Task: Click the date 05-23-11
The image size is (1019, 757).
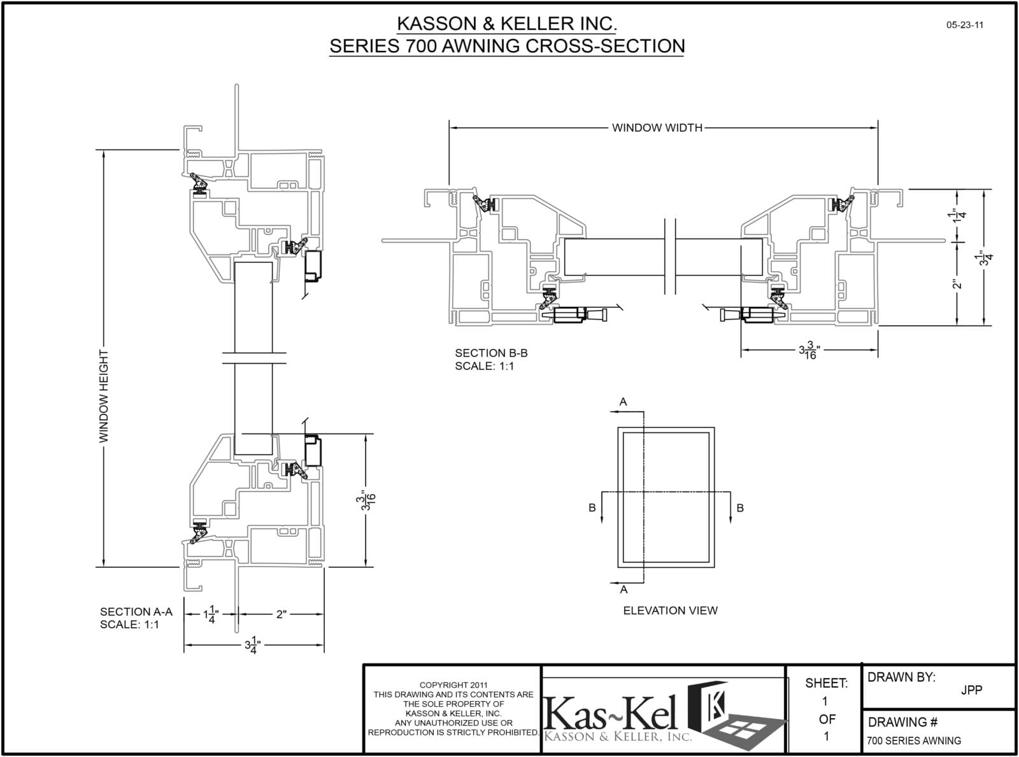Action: click(965, 25)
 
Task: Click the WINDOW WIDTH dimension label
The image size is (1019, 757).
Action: click(657, 128)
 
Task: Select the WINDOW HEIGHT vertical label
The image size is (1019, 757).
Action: click(104, 396)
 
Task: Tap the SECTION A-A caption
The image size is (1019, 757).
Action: click(136, 612)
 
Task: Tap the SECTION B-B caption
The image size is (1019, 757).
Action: click(491, 353)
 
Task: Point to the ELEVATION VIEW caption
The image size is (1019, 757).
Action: click(670, 611)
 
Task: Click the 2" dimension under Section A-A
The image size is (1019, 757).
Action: click(281, 614)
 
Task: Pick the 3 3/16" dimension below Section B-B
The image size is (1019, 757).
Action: click(809, 350)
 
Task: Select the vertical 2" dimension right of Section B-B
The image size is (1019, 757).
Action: click(957, 283)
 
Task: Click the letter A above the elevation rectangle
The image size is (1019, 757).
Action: click(624, 402)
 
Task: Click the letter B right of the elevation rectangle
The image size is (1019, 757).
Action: click(740, 508)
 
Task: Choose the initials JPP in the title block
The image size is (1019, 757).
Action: click(971, 690)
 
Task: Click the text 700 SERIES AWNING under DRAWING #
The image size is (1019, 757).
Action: click(914, 741)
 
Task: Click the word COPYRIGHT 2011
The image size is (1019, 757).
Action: click(453, 685)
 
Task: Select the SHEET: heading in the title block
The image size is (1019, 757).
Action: click(826, 684)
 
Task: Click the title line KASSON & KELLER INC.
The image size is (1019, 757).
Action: click(507, 24)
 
